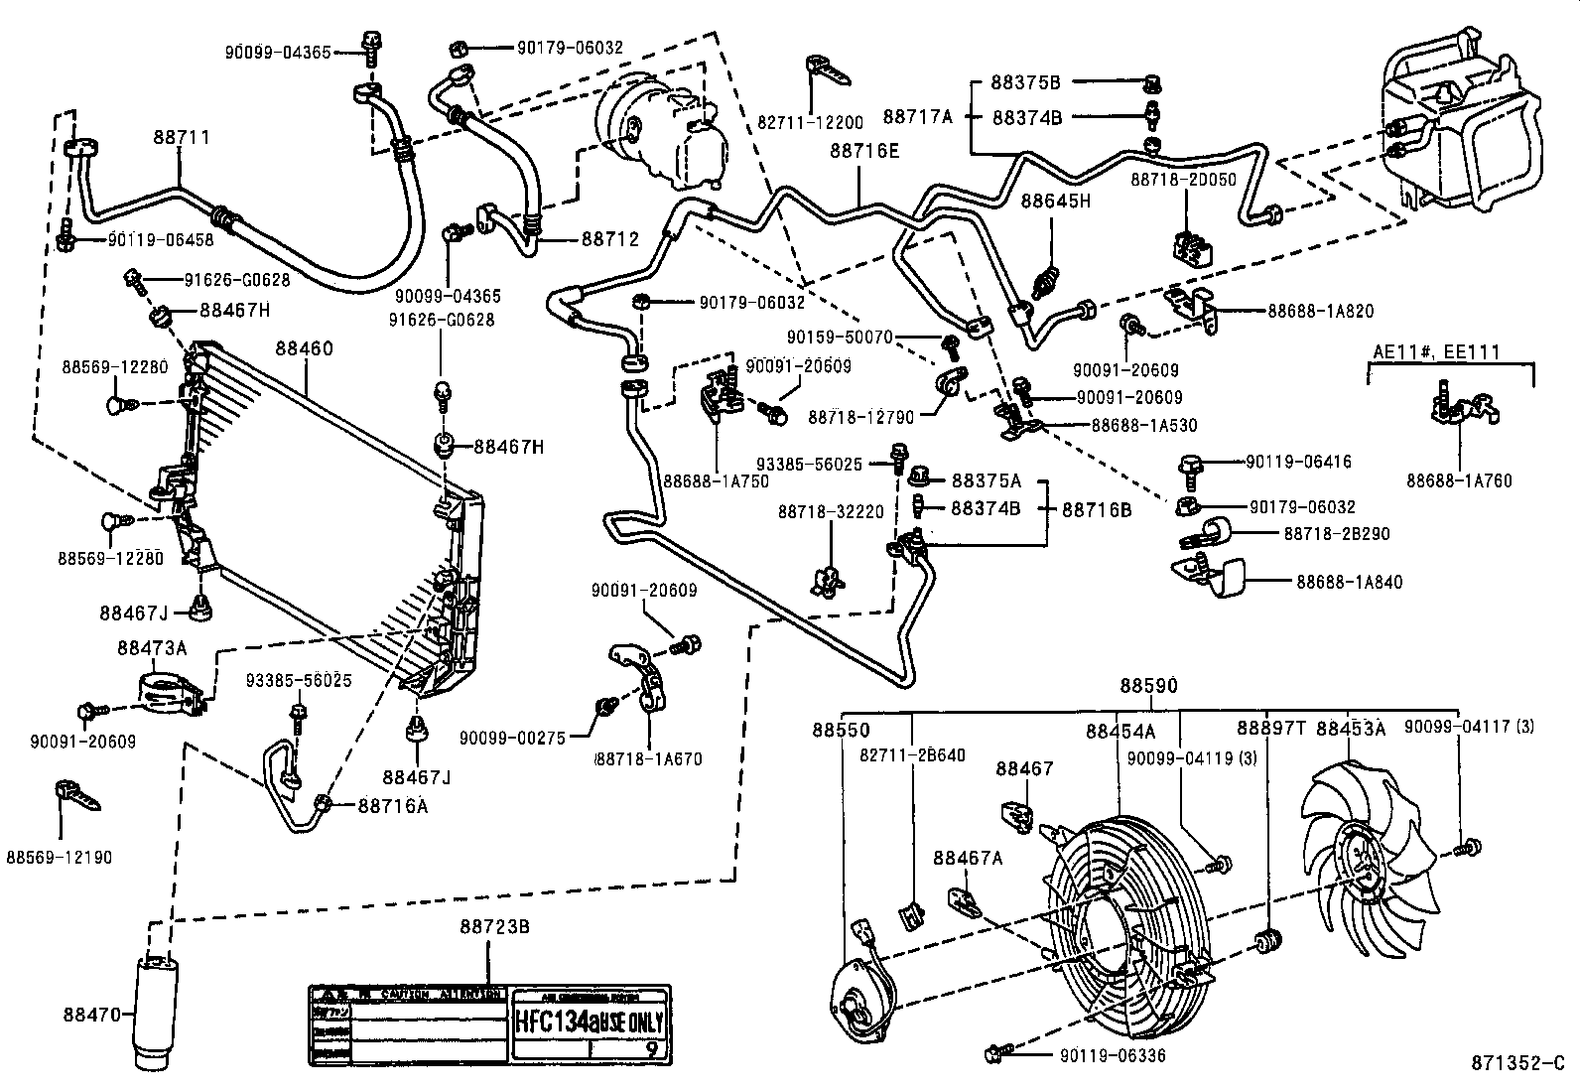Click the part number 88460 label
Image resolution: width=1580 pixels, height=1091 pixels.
[x=305, y=349]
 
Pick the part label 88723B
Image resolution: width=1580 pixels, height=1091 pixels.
[x=493, y=927]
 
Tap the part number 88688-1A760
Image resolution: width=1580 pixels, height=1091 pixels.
[x=1458, y=481]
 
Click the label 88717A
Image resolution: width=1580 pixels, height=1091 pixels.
[x=918, y=116]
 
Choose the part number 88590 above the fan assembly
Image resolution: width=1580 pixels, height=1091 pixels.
[x=1149, y=686]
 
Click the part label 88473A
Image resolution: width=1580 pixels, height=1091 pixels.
[x=151, y=648]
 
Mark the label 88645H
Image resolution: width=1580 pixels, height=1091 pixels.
[x=1056, y=202]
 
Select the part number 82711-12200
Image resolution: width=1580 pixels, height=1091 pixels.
[x=810, y=123]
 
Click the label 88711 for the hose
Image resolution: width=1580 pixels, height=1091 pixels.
[x=182, y=137]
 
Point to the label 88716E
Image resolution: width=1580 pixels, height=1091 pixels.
[x=864, y=151]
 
